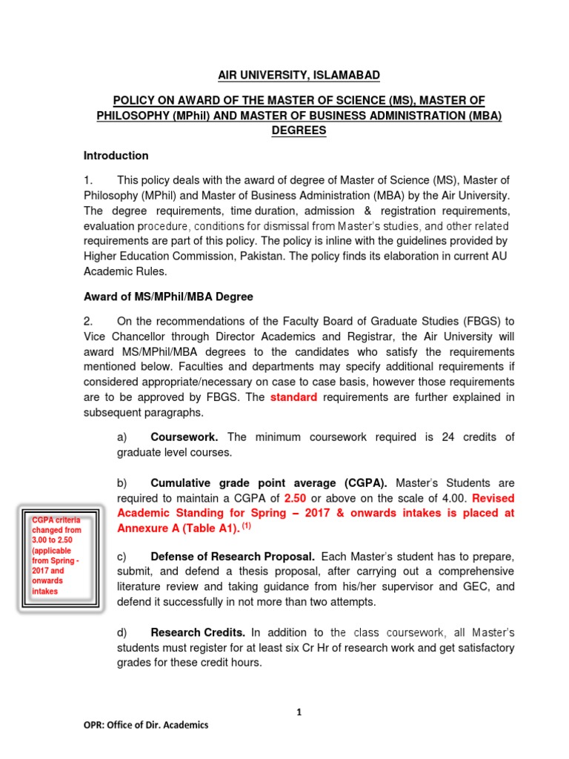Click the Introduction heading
pos(116,156)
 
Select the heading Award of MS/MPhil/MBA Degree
pos(168,296)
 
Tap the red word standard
pos(293,397)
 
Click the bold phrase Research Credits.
pos(198,632)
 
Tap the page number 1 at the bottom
pos(299,712)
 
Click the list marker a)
pos(123,437)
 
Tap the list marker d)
pos(123,632)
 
